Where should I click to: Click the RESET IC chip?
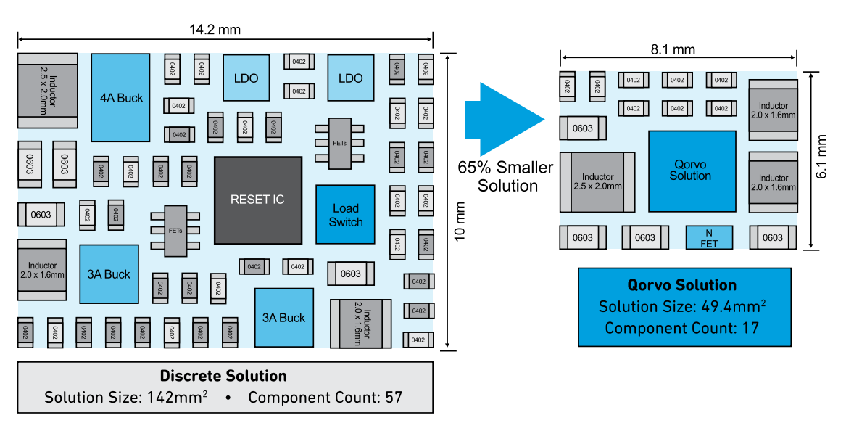pos(258,200)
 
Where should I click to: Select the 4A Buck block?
pos(121,97)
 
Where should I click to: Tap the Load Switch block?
pos(346,215)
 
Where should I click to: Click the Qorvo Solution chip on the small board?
pos(692,171)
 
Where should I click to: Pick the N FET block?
pos(709,237)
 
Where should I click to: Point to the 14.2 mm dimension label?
pos(215,30)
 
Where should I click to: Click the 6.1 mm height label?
pos(822,160)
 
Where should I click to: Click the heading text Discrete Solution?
pos(223,376)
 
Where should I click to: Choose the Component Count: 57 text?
pos(325,398)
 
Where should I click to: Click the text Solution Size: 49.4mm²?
pos(683,306)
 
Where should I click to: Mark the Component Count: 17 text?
pos(682,328)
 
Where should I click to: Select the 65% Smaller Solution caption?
pos(505,176)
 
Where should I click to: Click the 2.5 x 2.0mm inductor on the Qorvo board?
pos(597,181)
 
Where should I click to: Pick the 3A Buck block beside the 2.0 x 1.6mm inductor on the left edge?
pos(109,274)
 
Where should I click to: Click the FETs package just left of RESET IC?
pos(176,231)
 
